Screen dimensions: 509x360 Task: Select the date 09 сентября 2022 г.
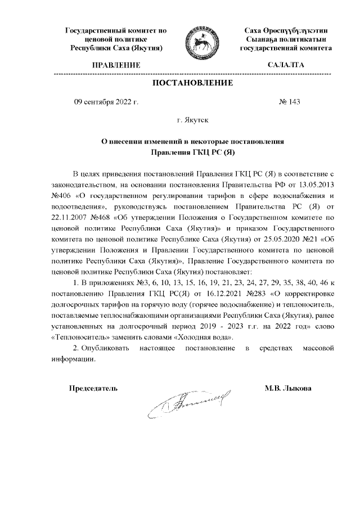pyautogui.click(x=106, y=102)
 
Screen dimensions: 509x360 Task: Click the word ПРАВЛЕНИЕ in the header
pyautogui.click(x=116, y=65)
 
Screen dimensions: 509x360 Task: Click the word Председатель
pyautogui.click(x=93, y=388)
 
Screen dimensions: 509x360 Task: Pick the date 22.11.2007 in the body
pyautogui.click(x=71, y=216)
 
